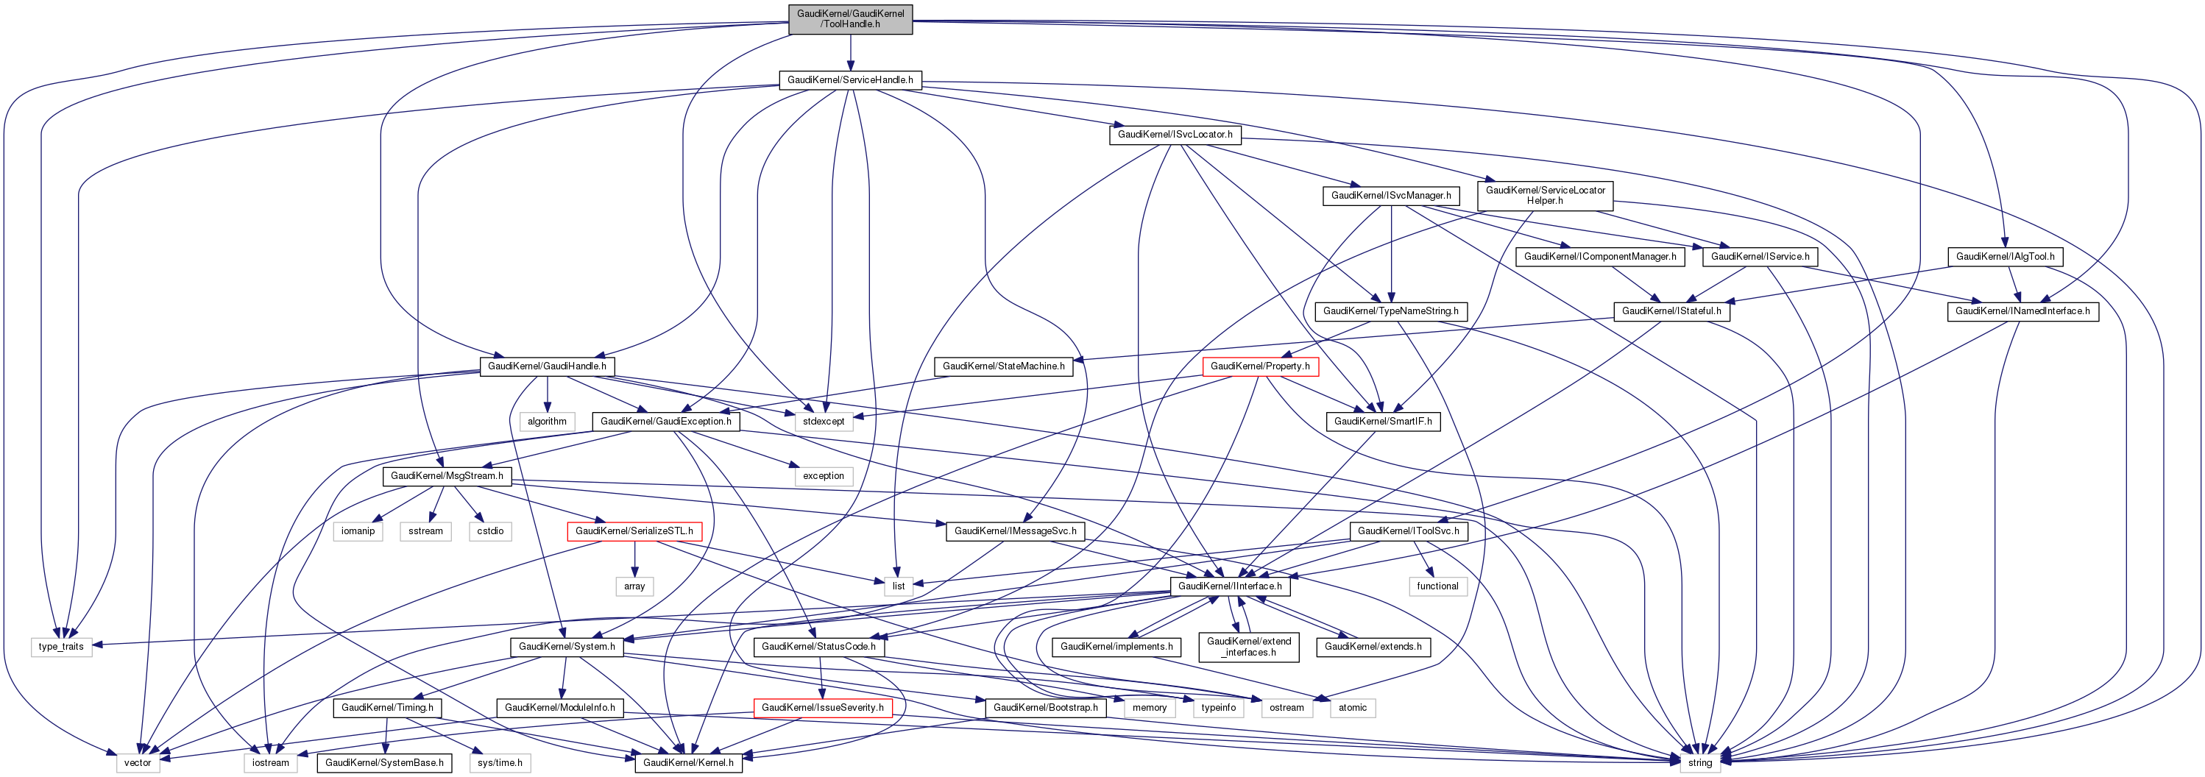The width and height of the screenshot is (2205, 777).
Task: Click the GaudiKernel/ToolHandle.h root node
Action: click(850, 19)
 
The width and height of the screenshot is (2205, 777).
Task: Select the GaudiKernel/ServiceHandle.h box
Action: click(850, 79)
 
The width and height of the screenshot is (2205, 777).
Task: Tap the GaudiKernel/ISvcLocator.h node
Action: click(1175, 135)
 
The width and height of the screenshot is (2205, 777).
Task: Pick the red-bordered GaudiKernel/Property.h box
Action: click(1259, 366)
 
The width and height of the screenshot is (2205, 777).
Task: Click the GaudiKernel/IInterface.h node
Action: click(1229, 586)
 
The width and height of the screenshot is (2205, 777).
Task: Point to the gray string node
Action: click(1699, 762)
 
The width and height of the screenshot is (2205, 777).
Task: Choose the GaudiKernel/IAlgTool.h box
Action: click(2005, 257)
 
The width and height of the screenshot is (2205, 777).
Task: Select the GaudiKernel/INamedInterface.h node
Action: click(2022, 311)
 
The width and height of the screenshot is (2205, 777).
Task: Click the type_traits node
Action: click(61, 647)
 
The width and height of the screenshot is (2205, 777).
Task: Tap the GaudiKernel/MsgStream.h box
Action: click(447, 476)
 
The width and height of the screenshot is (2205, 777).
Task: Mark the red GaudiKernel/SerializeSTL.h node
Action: click(634, 531)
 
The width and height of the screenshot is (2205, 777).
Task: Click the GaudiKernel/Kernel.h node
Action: click(688, 762)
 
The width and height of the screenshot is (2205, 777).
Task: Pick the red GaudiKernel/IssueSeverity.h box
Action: click(823, 708)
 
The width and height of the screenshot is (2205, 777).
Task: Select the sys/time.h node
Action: click(500, 762)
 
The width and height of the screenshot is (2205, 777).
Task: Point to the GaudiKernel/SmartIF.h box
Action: click(1382, 421)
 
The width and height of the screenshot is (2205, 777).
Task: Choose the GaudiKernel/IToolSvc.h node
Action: click(1408, 531)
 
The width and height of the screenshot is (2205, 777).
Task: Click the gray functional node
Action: click(1437, 586)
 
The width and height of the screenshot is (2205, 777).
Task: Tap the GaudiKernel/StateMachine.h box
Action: click(1003, 366)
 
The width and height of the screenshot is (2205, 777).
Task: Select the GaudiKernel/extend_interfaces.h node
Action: click(1248, 647)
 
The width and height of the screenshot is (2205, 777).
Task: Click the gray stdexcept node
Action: click(824, 421)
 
